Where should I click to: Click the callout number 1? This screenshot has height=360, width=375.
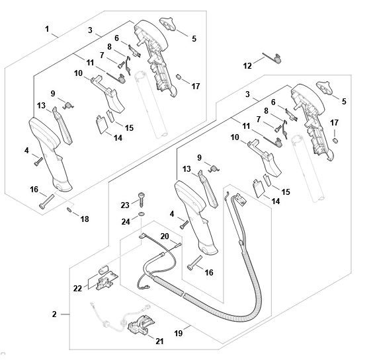coord(47,29)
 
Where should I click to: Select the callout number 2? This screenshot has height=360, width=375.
coord(54,314)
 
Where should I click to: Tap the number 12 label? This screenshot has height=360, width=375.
coord(247,65)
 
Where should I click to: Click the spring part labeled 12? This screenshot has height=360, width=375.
coord(272,58)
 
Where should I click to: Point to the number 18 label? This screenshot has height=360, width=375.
coord(85,219)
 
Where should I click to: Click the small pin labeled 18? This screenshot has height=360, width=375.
coord(69,209)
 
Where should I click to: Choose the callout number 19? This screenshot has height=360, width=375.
coord(179,333)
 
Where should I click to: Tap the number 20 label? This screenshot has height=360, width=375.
coord(165,236)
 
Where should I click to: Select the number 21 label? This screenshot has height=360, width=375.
coord(159,342)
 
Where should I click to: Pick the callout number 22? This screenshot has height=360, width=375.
coord(77,289)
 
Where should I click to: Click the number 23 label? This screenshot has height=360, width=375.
coord(125,205)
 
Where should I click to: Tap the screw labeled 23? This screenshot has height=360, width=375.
coord(142,199)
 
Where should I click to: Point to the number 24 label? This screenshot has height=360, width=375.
coord(126,222)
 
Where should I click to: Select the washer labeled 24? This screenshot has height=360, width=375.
coord(142,213)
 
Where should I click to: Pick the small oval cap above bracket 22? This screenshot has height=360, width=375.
coord(103,270)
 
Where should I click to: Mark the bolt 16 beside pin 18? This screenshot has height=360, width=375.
coord(46,201)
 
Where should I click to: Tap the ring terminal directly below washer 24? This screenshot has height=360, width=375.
coord(142,236)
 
